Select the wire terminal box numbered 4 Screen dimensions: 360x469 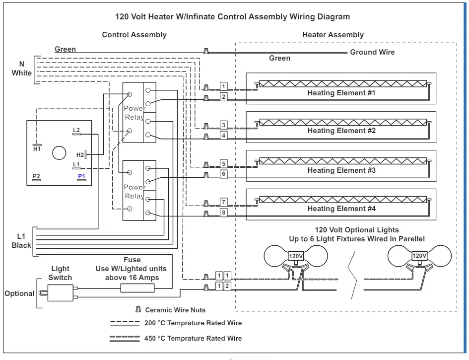coord(224,136)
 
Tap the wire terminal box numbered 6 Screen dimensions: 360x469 coord(224,174)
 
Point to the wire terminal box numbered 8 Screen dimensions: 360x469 coord(224,213)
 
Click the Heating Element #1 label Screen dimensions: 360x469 coord(341,93)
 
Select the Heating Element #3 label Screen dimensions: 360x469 coord(341,170)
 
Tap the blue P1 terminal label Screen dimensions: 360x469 coord(81,176)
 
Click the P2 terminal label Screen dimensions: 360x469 coord(36,176)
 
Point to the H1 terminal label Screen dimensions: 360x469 coord(37,148)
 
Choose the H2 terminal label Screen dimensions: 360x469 coord(80,155)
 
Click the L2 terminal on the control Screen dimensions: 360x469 coord(76,130)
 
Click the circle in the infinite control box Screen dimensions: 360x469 coord(60,153)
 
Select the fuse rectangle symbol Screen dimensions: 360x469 coord(141,288)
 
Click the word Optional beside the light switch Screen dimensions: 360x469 coord(19,293)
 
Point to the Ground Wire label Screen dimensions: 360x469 coord(372,52)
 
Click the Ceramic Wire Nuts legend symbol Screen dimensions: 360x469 coord(138,310)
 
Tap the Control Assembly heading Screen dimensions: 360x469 coord(134,35)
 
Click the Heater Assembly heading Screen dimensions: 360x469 coord(333,35)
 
